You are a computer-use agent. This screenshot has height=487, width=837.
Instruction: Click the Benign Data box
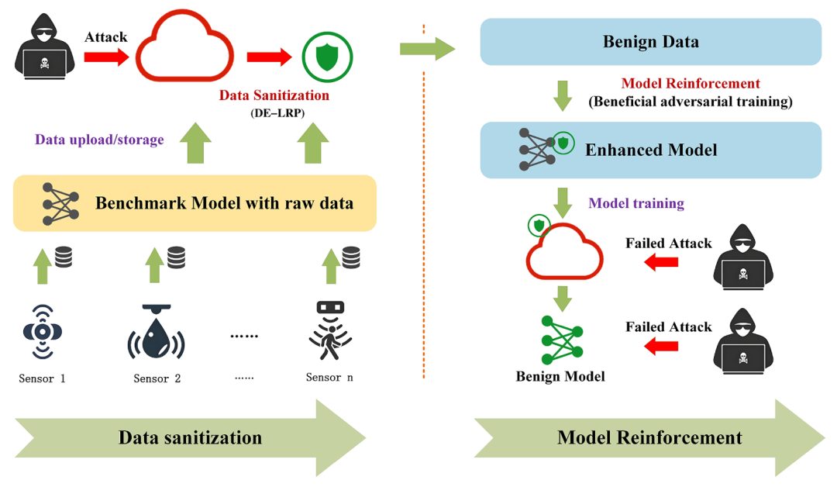pos(651,42)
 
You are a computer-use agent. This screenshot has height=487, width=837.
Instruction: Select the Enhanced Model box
pos(651,150)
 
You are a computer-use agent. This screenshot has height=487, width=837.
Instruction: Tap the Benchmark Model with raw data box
pos(195,203)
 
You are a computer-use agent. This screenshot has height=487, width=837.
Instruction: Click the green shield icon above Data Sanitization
pos(327,57)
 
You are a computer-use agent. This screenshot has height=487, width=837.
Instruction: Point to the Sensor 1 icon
pos(43,332)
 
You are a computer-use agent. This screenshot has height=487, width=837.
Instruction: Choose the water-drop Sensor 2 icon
pos(157,332)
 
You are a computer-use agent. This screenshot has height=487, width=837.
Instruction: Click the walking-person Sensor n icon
pos(330,331)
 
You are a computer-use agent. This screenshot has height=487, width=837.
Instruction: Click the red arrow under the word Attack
pos(106,57)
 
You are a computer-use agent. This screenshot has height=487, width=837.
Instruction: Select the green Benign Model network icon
pos(562,340)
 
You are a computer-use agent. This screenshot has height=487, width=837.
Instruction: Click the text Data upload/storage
pos(99,140)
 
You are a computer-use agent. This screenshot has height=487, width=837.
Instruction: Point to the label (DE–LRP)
pos(277,113)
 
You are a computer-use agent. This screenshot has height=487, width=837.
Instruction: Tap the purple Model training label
pos(636,203)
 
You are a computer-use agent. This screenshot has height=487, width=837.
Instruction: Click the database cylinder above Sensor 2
pos(176,257)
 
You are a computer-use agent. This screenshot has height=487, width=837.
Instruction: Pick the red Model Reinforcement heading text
pos(691,83)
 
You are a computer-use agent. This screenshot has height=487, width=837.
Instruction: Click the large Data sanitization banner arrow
pos(190,438)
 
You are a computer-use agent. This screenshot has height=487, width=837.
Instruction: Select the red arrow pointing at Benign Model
pos(661,347)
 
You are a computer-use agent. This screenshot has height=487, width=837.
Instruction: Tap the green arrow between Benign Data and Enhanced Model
pos(563,95)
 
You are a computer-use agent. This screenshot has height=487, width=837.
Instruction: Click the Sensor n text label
pos(329,378)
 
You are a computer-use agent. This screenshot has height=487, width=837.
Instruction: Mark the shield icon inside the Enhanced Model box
pos(563,143)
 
